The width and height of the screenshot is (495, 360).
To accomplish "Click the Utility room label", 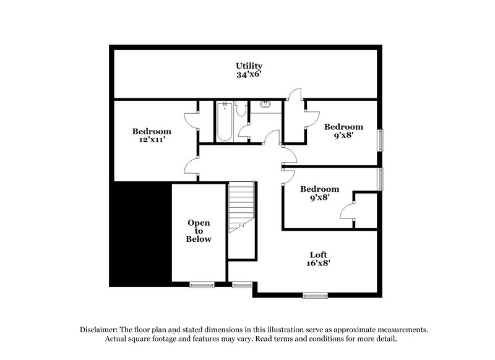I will click(249, 66).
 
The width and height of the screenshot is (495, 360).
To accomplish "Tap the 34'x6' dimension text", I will click(249, 75).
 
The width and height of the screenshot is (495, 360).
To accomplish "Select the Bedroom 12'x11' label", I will click(152, 131).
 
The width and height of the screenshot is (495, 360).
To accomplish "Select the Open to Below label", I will click(199, 231).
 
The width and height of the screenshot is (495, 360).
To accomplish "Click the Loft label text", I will click(319, 254).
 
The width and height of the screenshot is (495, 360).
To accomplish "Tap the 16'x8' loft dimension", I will click(319, 263).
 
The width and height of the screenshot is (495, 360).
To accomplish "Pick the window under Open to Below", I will click(201, 285).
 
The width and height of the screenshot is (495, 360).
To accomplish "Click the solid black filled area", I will click(140, 232).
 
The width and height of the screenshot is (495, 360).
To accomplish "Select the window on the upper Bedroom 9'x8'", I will click(381, 140).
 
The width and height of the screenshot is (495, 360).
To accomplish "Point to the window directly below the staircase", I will click(241, 285).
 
